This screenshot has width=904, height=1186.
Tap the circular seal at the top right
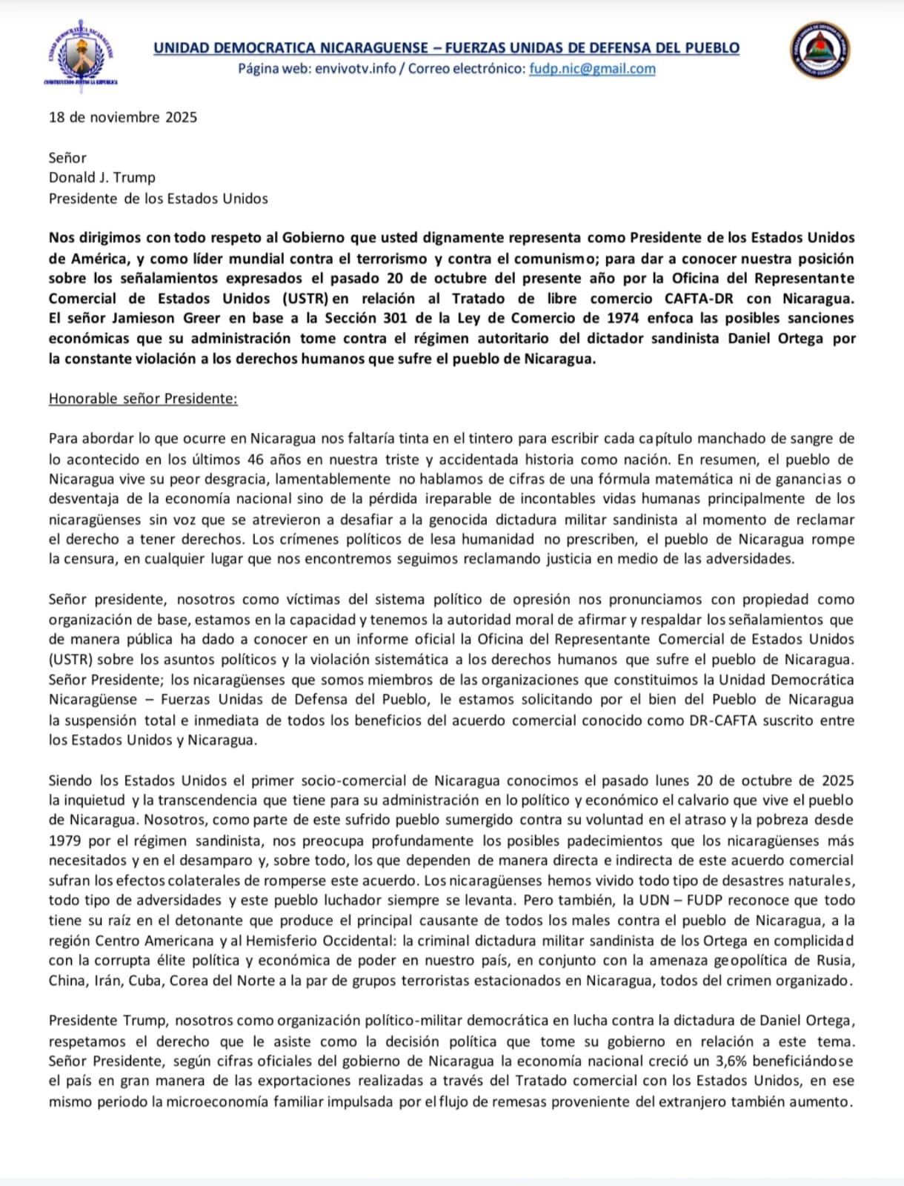[819, 49]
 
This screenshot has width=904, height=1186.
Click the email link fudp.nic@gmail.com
[592, 69]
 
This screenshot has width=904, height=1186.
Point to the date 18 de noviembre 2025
[123, 117]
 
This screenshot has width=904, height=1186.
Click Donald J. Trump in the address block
[102, 177]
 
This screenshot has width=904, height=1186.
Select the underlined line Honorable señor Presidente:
[143, 399]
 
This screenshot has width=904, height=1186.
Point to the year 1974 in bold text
[614, 319]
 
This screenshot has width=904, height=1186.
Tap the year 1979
[64, 841]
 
